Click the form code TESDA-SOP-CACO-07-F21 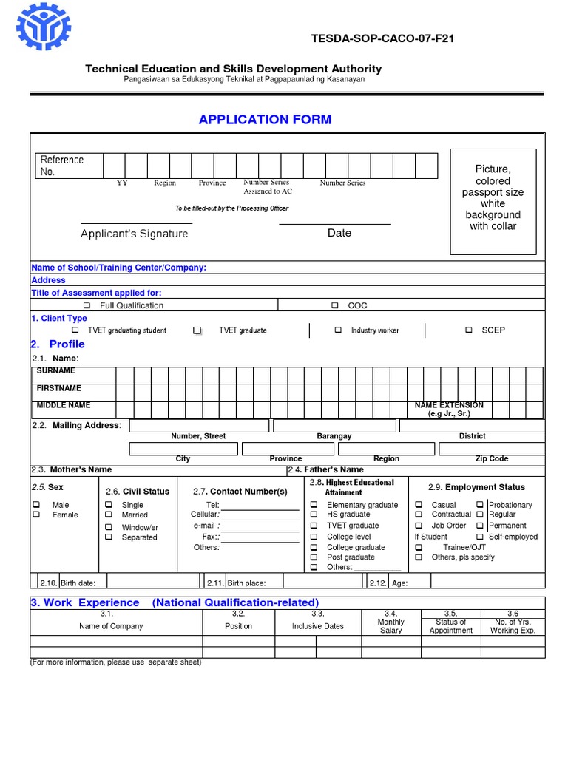(x=384, y=38)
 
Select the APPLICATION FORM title (x=265, y=120)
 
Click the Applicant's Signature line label (x=134, y=234)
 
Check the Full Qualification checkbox (x=87, y=305)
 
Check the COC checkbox (x=335, y=305)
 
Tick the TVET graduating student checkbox (x=75, y=330)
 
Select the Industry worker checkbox (x=338, y=330)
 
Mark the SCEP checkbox (x=469, y=330)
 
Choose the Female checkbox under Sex (x=36, y=515)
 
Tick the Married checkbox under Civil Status (x=109, y=515)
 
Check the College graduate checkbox (x=314, y=548)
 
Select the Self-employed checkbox (x=480, y=537)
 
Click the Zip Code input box (x=491, y=449)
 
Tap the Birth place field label (x=246, y=583)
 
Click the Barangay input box (x=334, y=426)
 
